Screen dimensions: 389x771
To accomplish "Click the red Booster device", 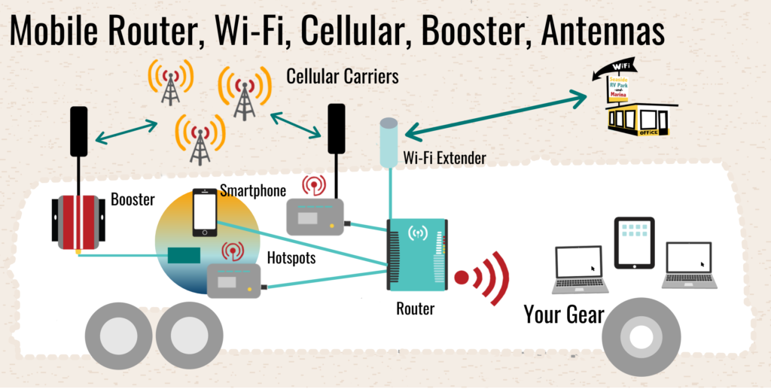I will click(77, 221).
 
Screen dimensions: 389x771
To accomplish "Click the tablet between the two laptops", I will click(634, 243).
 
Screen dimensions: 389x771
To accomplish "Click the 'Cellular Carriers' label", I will click(343, 77).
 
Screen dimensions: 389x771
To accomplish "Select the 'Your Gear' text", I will click(563, 314).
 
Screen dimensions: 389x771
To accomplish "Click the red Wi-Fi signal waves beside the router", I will click(485, 278).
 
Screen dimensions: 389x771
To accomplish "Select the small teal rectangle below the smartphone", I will click(183, 256).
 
